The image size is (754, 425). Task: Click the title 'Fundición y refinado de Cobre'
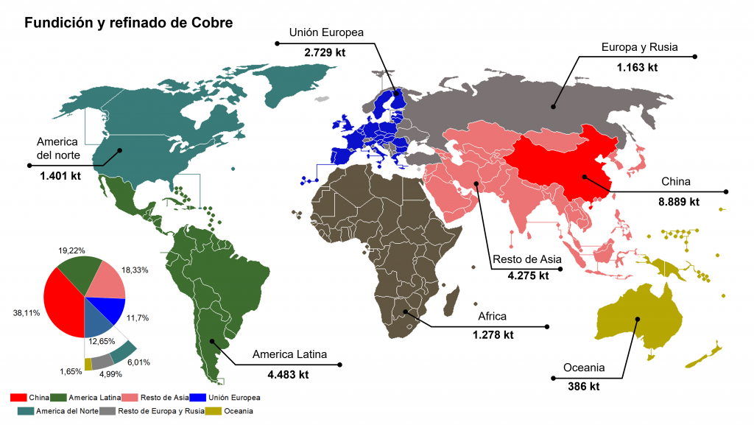[129, 23]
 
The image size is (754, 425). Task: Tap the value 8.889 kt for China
[678, 201]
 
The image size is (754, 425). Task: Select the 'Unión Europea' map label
[326, 32]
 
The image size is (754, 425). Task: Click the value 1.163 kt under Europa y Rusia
[636, 68]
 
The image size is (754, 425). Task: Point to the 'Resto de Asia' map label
[526, 259]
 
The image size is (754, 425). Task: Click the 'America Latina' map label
[289, 354]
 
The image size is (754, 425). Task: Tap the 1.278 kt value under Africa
[493, 335]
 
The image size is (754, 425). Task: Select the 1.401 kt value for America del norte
[60, 176]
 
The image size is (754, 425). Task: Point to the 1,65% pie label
[71, 370]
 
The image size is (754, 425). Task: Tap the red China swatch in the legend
[19, 397]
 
